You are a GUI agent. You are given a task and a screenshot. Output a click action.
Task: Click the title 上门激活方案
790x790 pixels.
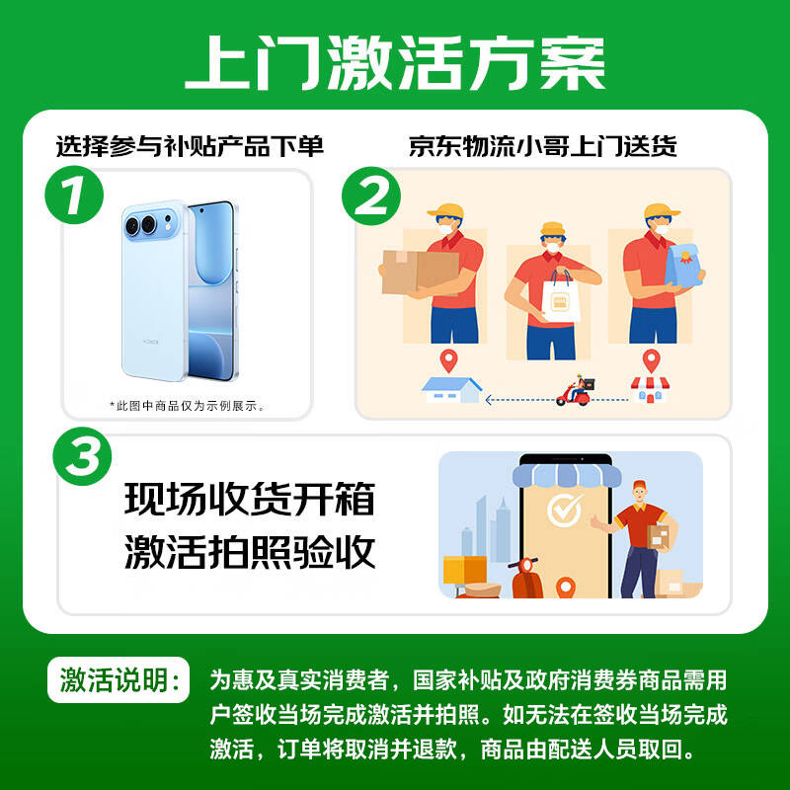(x=395, y=63)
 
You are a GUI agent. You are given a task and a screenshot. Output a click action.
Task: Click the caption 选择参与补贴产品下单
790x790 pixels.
(x=190, y=147)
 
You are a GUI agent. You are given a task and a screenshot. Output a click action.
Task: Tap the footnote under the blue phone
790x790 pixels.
(x=187, y=405)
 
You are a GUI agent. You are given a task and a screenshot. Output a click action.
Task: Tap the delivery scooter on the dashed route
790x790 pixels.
(x=575, y=392)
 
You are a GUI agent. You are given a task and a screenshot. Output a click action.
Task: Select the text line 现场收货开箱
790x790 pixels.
(x=250, y=500)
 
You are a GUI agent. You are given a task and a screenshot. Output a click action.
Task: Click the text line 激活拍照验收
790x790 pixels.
(x=250, y=552)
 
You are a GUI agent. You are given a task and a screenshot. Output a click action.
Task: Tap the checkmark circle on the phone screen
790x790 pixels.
(x=565, y=512)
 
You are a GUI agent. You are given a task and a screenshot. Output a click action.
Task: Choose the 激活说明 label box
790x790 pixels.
(x=118, y=681)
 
